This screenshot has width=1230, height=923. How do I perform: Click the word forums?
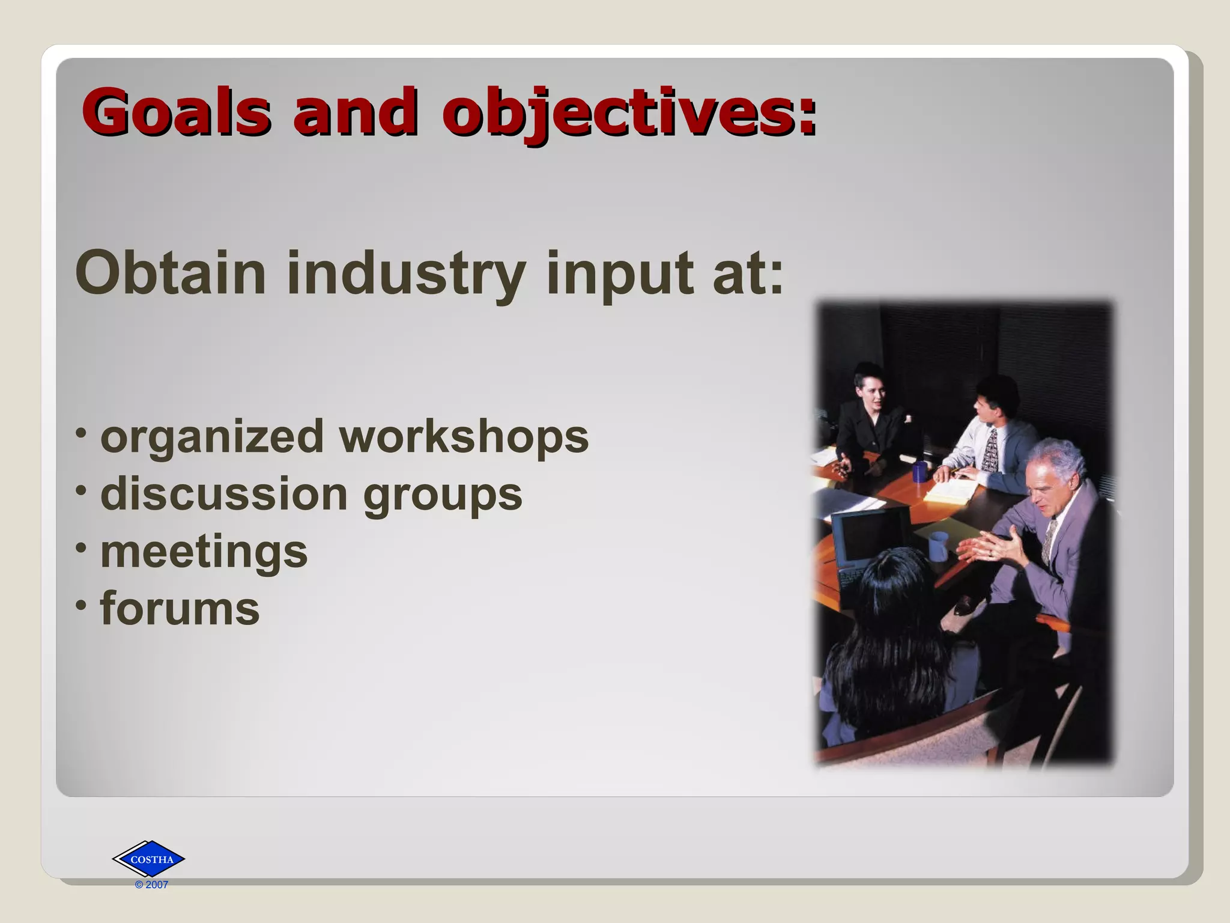[180, 608]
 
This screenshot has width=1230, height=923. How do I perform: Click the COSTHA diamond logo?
[149, 859]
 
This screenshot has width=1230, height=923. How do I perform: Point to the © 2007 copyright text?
[151, 885]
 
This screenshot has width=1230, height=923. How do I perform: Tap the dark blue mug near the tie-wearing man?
[919, 472]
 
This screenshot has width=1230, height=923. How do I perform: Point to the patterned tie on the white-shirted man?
[990, 451]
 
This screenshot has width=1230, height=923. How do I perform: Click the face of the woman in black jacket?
[870, 394]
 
